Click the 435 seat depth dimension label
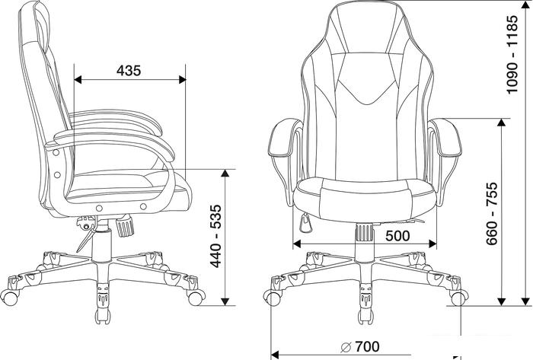pos(129,71)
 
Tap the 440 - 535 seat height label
pos(215,237)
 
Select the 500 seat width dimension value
pos(397,235)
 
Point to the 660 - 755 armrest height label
pos(492,214)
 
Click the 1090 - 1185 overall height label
pos(512,54)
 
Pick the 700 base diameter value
pos(368,347)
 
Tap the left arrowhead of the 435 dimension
pos(78,80)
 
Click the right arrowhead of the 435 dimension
pos(182,80)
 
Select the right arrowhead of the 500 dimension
pos(432,244)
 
